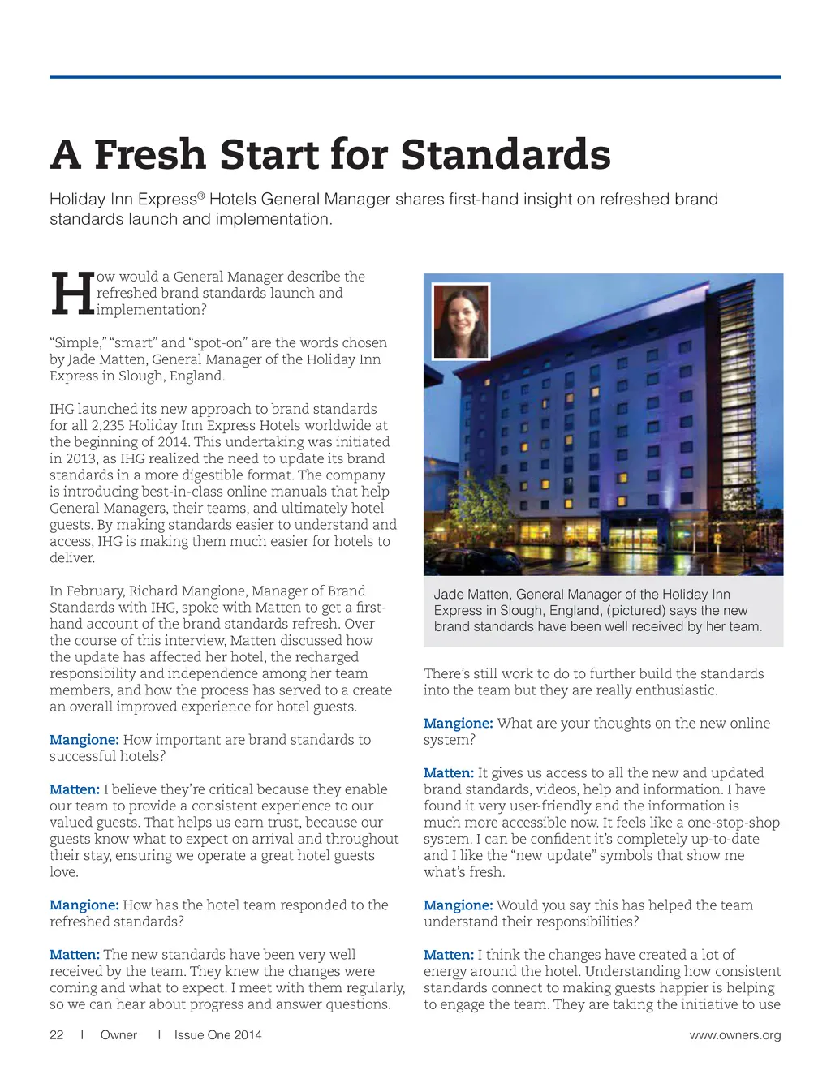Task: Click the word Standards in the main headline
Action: (505, 154)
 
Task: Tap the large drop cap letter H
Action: (71, 294)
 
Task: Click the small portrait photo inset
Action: (461, 321)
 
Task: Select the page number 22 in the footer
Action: (57, 1034)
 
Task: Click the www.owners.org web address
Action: (735, 1034)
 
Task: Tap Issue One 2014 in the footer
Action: (217, 1034)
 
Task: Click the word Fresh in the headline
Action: (149, 154)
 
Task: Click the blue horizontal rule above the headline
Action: (415, 77)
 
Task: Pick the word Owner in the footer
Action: (118, 1034)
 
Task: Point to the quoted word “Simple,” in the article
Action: (75, 342)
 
